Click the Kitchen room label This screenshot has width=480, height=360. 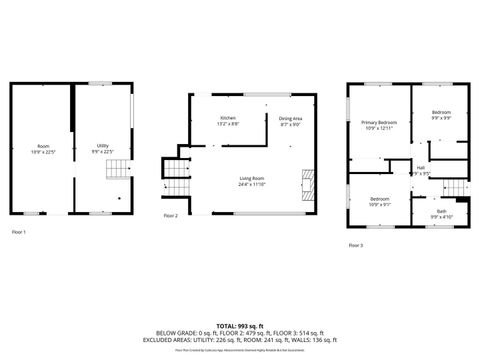click(229, 118)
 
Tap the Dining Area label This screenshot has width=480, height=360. click(291, 118)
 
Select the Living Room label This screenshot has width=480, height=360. click(251, 178)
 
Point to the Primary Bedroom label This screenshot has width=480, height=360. click(378, 122)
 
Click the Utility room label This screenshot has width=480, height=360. click(103, 145)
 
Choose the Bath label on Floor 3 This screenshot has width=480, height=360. click(441, 211)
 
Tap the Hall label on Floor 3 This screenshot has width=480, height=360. click(421, 167)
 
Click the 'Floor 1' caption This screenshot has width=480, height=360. click(19, 232)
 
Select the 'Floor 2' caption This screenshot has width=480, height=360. click(171, 215)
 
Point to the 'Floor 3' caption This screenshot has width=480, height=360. click(356, 244)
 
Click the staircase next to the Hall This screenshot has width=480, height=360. click(455, 190)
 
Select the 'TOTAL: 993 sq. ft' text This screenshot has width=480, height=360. click(240, 327)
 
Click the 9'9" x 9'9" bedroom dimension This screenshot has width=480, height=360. click(441, 117)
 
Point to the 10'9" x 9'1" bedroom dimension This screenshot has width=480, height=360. click(379, 204)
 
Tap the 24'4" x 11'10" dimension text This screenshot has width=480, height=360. click(251, 184)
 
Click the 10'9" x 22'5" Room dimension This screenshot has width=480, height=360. click(43, 152)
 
